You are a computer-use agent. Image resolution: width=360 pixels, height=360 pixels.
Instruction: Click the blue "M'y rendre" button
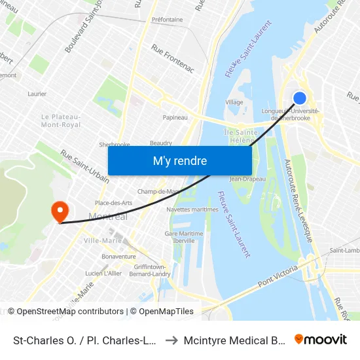coord(179,160)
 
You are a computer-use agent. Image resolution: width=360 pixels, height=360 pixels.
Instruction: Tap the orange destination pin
coord(60,211)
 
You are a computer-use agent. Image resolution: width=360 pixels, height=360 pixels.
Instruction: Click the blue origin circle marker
coord(299,98)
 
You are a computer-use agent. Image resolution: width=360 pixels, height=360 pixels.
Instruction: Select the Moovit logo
coord(320,339)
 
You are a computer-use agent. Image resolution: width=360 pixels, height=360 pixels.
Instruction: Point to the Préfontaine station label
coord(167,20)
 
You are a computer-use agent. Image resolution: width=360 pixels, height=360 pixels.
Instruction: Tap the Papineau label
coord(175,118)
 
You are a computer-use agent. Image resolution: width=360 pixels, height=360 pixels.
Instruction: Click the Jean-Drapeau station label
coord(247,179)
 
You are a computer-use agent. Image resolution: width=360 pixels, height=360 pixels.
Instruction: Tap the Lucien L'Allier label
coord(103,273)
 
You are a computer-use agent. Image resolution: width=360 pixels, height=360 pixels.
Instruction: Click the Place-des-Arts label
coord(113,203)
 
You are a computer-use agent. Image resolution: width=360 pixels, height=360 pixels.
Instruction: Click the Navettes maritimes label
coord(192,209)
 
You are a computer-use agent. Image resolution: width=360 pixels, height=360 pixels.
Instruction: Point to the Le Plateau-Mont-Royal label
coord(61,120)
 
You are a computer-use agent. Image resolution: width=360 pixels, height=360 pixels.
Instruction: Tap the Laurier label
coord(37,94)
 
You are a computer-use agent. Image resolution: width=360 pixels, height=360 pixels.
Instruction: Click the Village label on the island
coord(234,102)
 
